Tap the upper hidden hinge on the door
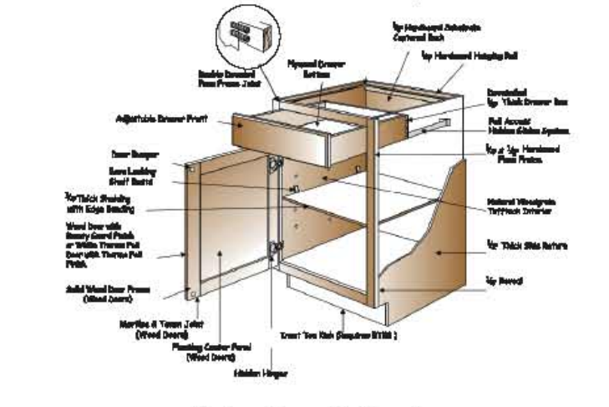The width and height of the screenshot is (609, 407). click(272, 167)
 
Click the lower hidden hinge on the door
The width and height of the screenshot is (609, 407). click(273, 248)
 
